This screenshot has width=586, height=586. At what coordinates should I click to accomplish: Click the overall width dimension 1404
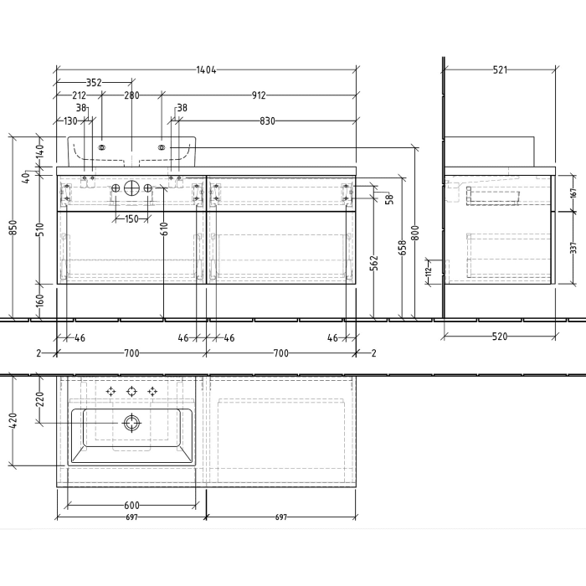tap(205, 70)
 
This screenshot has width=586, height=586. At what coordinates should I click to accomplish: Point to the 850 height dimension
tap(10, 227)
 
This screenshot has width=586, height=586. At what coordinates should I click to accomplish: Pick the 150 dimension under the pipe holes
tap(131, 219)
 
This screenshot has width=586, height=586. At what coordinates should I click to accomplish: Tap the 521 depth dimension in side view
tap(500, 70)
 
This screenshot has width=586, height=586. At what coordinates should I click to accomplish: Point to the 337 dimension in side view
tap(572, 249)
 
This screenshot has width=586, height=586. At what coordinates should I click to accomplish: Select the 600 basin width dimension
tap(131, 505)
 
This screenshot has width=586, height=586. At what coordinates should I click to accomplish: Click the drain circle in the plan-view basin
tap(131, 423)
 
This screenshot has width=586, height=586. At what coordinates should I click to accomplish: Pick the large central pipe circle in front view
tap(131, 188)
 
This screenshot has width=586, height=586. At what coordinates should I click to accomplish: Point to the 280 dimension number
tap(131, 95)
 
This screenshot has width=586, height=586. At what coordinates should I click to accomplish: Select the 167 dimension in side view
tap(572, 192)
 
